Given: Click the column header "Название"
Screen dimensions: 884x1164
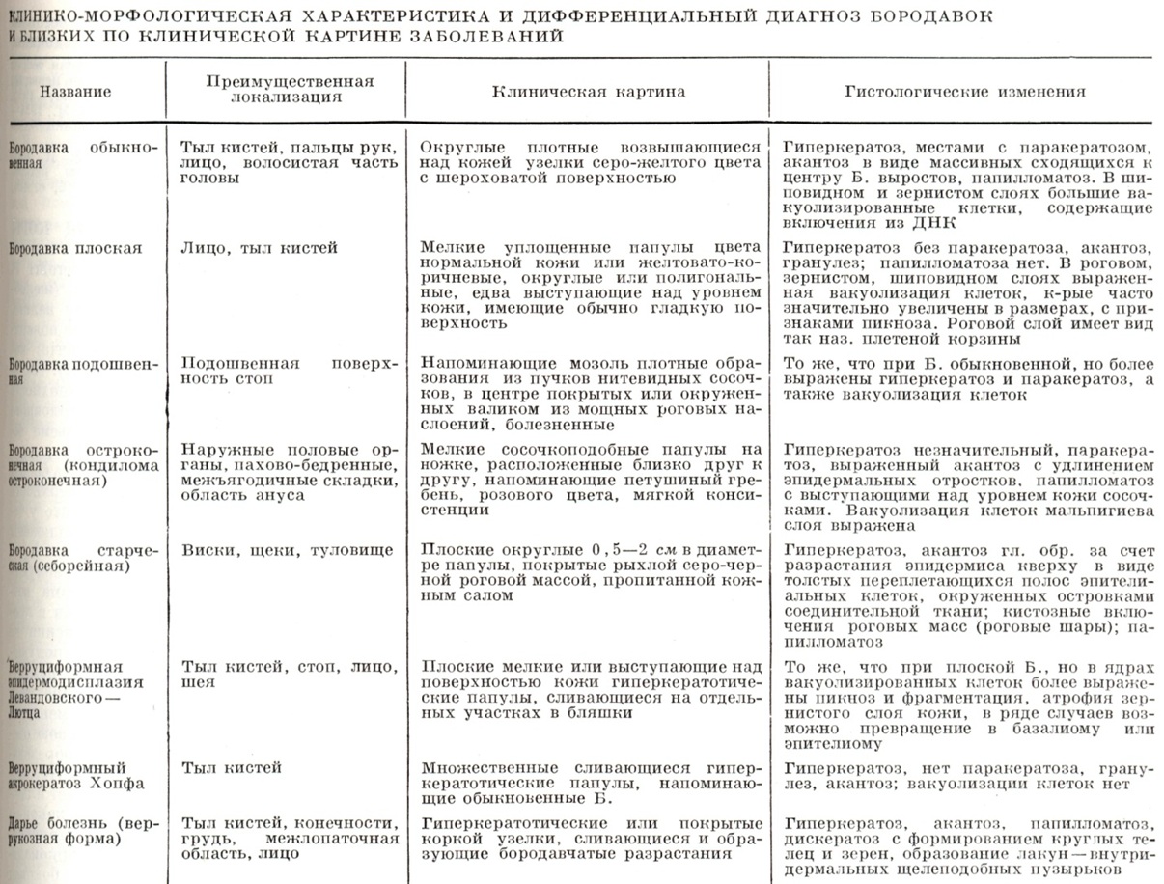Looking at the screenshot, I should [75, 93].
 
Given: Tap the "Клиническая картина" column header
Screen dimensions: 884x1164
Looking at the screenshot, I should [589, 93].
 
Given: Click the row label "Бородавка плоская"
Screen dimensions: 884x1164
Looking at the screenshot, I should [75, 248].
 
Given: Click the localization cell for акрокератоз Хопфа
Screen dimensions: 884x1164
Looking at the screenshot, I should [232, 768].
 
